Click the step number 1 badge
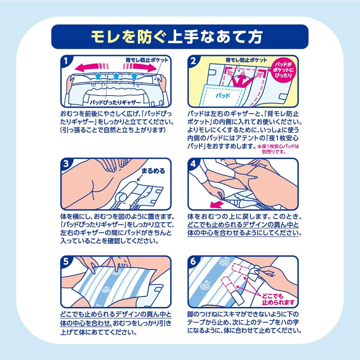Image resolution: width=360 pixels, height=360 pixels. [66, 61]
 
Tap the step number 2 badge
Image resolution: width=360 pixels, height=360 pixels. [193, 61]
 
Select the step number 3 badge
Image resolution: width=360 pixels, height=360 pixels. [66, 164]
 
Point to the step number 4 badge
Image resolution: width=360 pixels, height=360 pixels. [193, 164]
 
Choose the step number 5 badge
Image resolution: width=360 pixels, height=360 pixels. [66, 262]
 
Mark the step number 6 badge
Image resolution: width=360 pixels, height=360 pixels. [193, 262]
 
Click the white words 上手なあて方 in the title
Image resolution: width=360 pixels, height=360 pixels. [215, 37]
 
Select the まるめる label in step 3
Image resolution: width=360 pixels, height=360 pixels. [153, 171]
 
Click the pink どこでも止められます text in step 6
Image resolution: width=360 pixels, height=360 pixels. [278, 299]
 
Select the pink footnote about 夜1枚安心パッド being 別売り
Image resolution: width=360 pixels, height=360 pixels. [279, 149]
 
